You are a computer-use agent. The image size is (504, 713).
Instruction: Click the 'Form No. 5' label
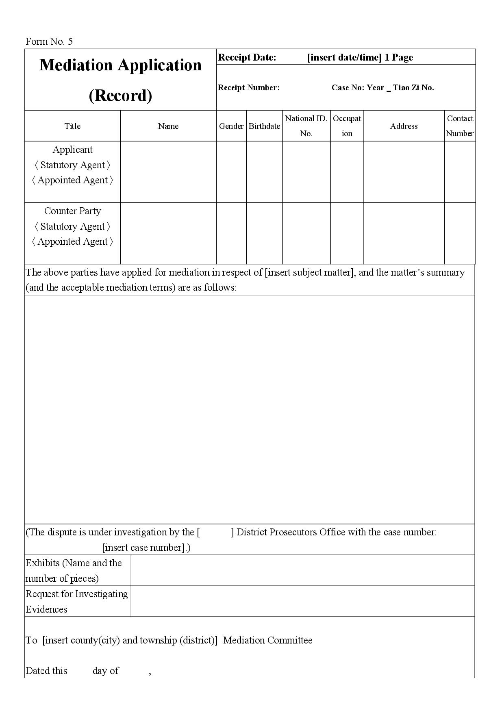49,41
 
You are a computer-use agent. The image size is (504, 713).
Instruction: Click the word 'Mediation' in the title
76,65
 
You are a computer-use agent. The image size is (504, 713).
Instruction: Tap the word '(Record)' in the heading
120,96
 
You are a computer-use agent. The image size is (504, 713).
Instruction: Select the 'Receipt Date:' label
247,57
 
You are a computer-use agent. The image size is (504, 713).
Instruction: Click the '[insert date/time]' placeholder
344,57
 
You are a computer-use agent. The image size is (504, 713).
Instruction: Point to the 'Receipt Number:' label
249,87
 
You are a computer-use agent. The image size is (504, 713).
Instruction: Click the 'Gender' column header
231,126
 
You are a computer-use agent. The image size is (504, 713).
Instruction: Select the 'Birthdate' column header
264,126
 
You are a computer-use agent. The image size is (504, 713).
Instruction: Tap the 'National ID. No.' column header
306,126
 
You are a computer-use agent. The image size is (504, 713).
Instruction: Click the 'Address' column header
404,126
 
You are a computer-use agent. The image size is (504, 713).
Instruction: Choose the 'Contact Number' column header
460,126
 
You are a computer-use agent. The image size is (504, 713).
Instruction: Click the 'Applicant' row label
72,150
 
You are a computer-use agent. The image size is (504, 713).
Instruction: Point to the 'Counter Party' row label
72,211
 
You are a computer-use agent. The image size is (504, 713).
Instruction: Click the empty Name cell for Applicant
168,172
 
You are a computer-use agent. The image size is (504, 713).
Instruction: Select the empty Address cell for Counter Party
404,233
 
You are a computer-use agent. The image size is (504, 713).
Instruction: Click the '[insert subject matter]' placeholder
309,272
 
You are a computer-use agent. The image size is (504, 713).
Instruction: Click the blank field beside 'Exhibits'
303,570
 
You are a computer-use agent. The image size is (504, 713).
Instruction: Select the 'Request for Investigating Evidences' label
77,601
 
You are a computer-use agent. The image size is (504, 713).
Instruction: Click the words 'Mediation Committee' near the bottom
268,640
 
